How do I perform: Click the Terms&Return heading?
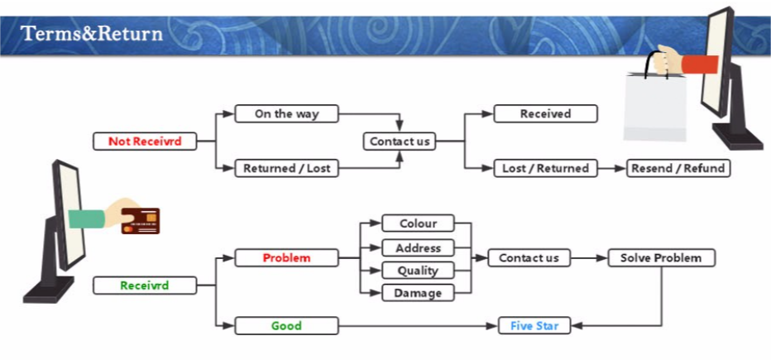pyautogui.click(x=92, y=34)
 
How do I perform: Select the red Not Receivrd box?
pyautogui.click(x=145, y=142)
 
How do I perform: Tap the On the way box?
pyautogui.click(x=286, y=113)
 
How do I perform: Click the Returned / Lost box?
pyautogui.click(x=286, y=168)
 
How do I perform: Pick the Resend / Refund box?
pyautogui.click(x=678, y=168)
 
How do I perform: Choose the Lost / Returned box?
pyautogui.click(x=545, y=168)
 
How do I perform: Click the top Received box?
pyautogui.click(x=545, y=113)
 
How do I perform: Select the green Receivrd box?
pyautogui.click(x=145, y=286)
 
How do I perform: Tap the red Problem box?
pyautogui.click(x=286, y=257)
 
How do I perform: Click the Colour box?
pyautogui.click(x=418, y=223)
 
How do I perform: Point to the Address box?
pyautogui.click(x=418, y=247)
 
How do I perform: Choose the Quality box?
pyautogui.click(x=418, y=270)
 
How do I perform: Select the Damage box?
pyautogui.click(x=418, y=292)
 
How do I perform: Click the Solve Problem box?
pyautogui.click(x=661, y=257)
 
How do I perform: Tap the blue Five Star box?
pyautogui.click(x=534, y=325)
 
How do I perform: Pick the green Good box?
pyautogui.click(x=286, y=325)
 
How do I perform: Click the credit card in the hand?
pyautogui.click(x=140, y=221)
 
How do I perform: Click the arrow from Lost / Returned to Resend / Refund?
pyautogui.click(x=611, y=168)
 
